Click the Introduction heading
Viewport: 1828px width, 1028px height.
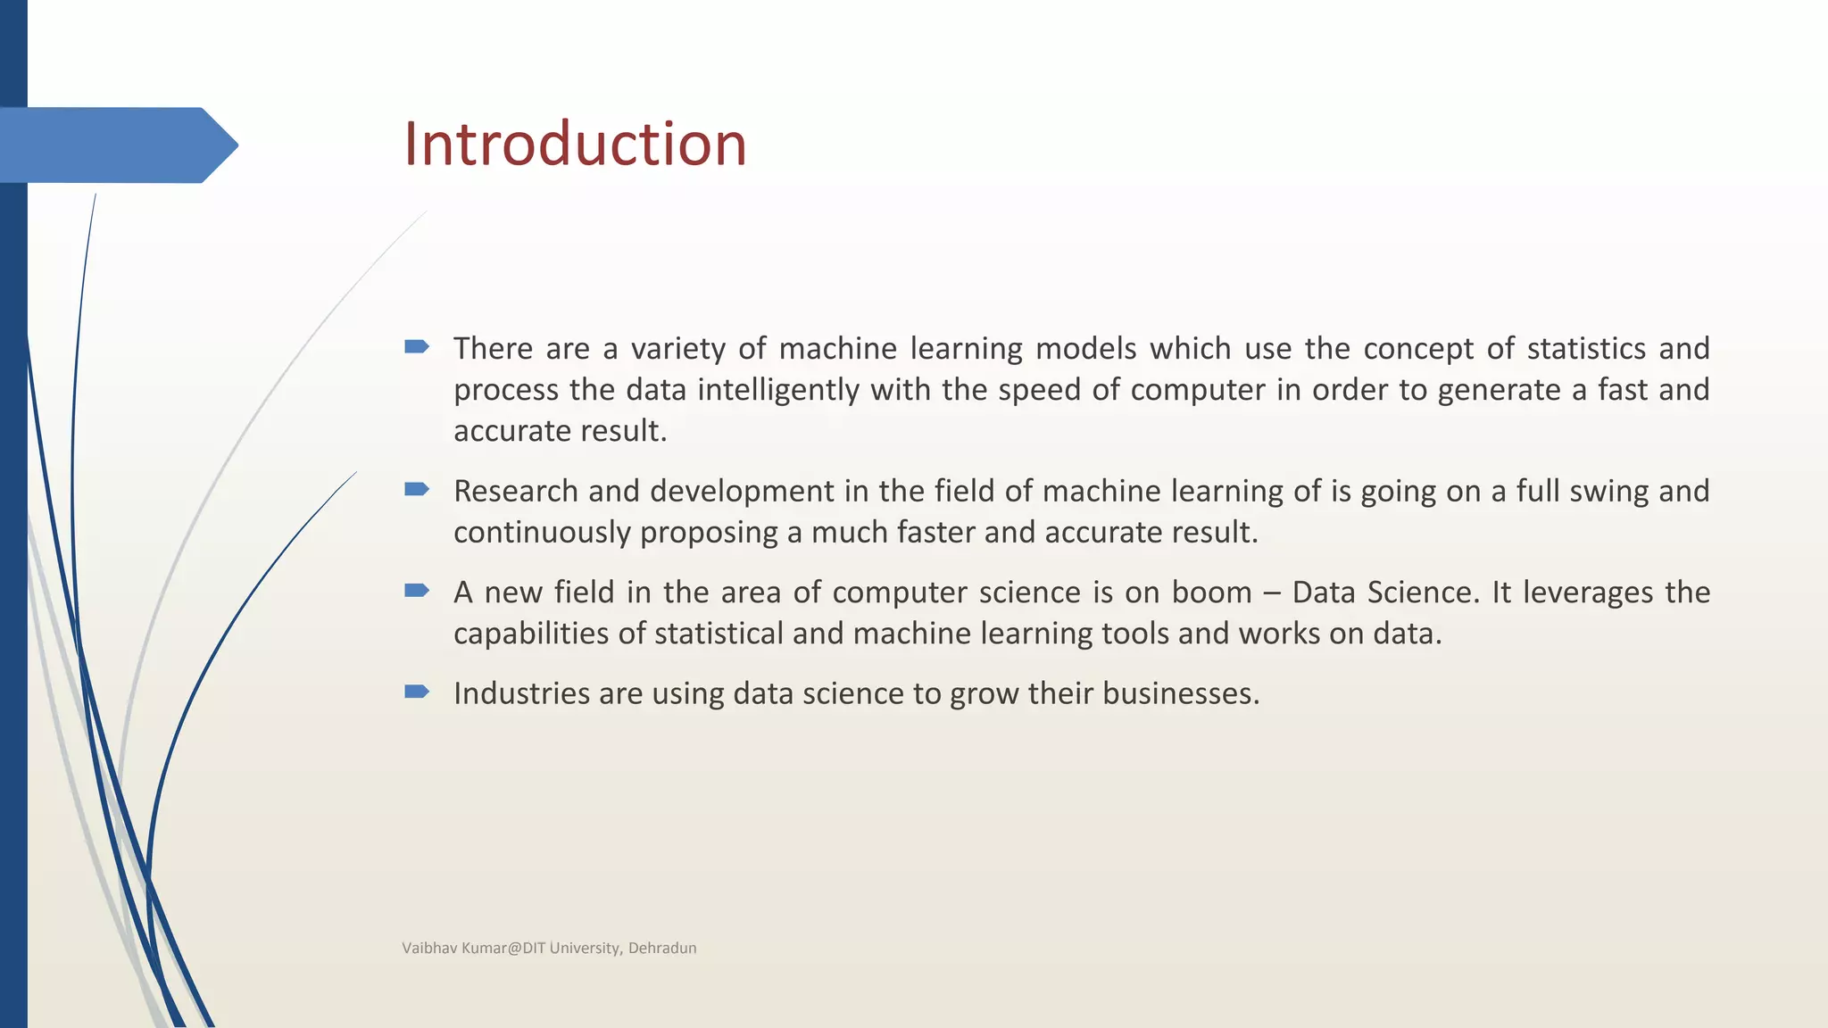(575, 145)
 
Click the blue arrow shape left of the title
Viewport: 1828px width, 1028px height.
(116, 145)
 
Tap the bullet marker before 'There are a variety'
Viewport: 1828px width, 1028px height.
(417, 346)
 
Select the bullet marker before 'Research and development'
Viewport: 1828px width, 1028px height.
(417, 489)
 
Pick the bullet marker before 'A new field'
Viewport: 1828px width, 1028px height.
(417, 590)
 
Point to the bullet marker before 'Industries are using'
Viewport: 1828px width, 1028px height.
(417, 692)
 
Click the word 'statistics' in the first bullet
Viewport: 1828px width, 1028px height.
(1586, 348)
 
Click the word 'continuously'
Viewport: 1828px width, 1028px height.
(542, 533)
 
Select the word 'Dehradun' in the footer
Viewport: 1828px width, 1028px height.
(662, 948)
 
